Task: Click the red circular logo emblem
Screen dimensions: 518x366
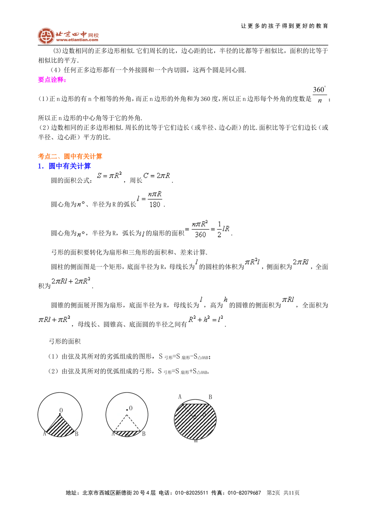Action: point(46,36)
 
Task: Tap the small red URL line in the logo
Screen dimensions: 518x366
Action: point(77,41)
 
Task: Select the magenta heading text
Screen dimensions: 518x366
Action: point(51,80)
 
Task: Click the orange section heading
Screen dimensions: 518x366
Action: point(70,156)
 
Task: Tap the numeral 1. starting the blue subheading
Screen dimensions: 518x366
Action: point(41,166)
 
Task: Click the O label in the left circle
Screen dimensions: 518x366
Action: point(61,410)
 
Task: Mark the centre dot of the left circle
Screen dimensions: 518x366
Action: point(60,414)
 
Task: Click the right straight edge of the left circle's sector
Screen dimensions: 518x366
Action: point(67,423)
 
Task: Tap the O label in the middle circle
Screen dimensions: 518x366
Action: point(131,408)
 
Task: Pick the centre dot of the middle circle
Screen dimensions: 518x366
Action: point(127,410)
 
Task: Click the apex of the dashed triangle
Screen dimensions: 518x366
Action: point(127,415)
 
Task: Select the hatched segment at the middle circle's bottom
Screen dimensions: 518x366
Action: point(127,434)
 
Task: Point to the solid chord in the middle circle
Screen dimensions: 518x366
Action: point(127,431)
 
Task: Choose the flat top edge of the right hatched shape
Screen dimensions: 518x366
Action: point(195,404)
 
